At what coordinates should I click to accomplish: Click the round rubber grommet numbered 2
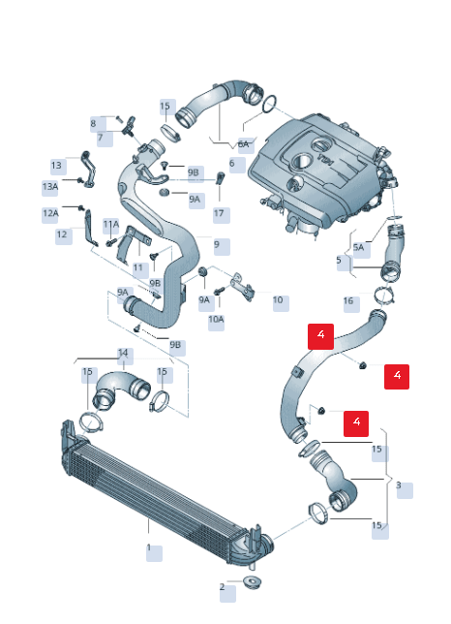252,582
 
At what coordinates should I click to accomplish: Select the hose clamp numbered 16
384,296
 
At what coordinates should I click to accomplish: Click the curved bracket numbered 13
87,169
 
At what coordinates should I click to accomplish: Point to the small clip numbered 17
220,178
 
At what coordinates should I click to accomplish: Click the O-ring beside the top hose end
270,104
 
